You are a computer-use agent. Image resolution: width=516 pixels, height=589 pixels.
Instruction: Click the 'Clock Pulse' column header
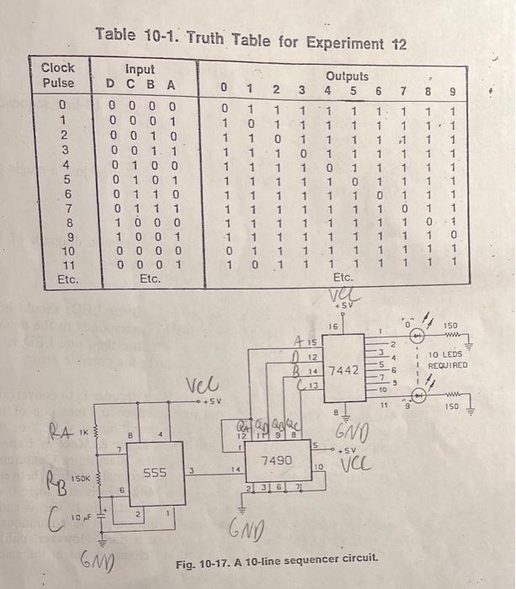pyautogui.click(x=57, y=75)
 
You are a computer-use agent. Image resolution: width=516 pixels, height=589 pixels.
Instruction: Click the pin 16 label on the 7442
pyautogui.click(x=332, y=324)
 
